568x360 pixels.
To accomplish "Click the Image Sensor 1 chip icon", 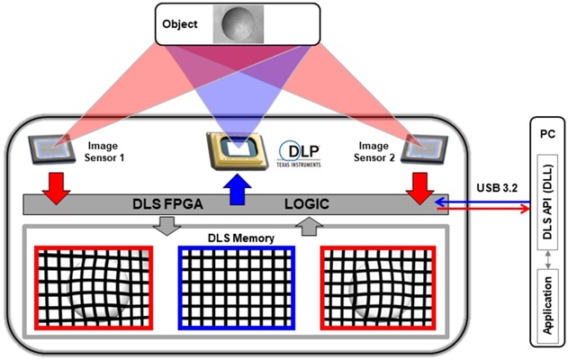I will (52, 149).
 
